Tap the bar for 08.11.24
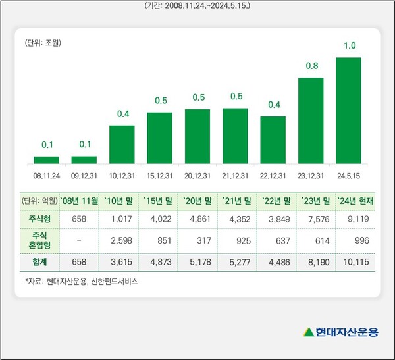[46, 160]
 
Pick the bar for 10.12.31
[122, 144]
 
